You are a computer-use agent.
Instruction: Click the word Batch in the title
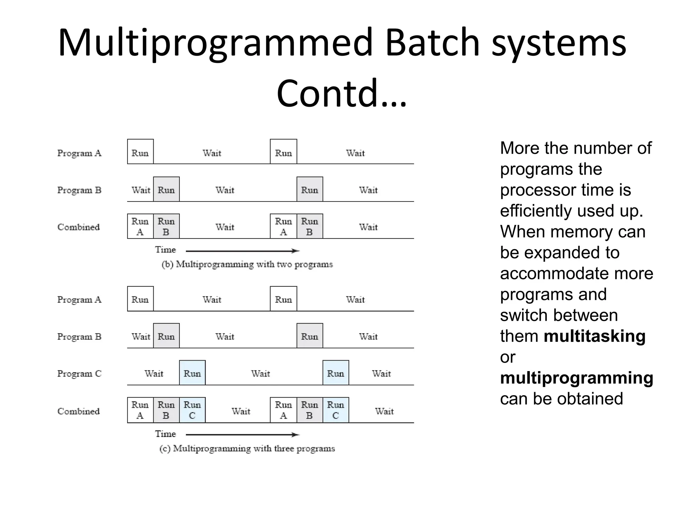432,43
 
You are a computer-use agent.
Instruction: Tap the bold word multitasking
594,336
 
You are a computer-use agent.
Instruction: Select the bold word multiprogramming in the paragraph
576,378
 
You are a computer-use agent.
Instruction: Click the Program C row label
79,373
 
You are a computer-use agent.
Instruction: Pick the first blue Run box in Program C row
192,373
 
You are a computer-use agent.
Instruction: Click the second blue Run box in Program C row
336,373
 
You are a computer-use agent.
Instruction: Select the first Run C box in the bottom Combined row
192,410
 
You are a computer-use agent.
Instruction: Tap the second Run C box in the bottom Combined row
336,410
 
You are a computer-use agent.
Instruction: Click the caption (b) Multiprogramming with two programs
247,264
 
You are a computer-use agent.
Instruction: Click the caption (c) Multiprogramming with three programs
247,449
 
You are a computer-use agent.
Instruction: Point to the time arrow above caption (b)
242,251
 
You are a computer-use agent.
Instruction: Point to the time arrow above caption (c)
242,435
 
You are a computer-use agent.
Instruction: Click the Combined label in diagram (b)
79,227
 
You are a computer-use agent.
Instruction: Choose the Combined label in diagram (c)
79,411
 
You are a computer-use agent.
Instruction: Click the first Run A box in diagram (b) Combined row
140,226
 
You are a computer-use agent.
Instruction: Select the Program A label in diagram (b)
79,153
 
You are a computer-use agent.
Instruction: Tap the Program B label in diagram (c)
79,336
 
